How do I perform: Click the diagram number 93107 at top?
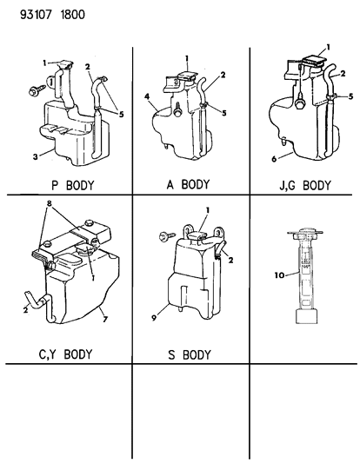click(37, 15)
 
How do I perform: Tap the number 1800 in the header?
click(72, 15)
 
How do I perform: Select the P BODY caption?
click(73, 186)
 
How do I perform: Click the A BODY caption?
click(188, 184)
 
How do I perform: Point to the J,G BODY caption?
click(305, 186)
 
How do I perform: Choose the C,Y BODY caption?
click(65, 354)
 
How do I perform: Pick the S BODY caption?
click(190, 354)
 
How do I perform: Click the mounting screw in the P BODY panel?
click(37, 89)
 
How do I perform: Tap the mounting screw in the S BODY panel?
click(167, 236)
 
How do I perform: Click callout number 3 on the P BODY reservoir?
click(36, 156)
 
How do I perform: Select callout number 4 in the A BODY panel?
click(147, 96)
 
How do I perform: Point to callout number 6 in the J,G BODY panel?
click(274, 159)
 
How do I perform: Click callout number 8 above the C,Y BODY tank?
click(49, 203)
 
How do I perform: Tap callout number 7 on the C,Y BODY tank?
click(105, 319)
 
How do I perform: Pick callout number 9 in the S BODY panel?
click(154, 318)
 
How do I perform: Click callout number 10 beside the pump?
click(279, 275)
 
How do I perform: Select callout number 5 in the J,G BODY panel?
click(350, 96)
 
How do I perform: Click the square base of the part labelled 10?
click(306, 316)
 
